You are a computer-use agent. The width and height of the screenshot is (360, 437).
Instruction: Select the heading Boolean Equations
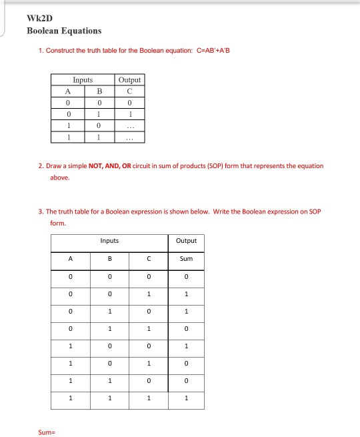pyautogui.click(x=64, y=31)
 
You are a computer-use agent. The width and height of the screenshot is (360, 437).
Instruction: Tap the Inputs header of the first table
pyautogui.click(x=83, y=80)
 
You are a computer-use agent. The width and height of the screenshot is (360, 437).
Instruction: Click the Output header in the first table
pyautogui.click(x=129, y=80)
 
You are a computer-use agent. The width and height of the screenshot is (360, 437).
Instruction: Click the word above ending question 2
pyautogui.click(x=59, y=178)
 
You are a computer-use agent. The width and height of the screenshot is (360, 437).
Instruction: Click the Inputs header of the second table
pyautogui.click(x=109, y=241)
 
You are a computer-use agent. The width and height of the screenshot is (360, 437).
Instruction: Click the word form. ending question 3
pyautogui.click(x=58, y=224)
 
